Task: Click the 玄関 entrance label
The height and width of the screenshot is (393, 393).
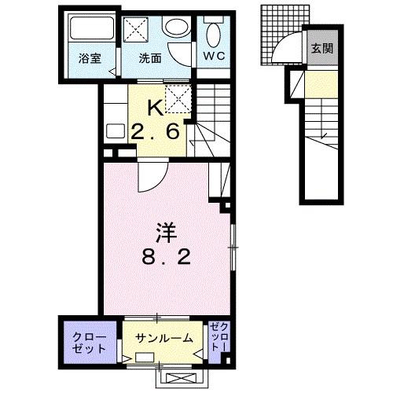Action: point(321,49)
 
